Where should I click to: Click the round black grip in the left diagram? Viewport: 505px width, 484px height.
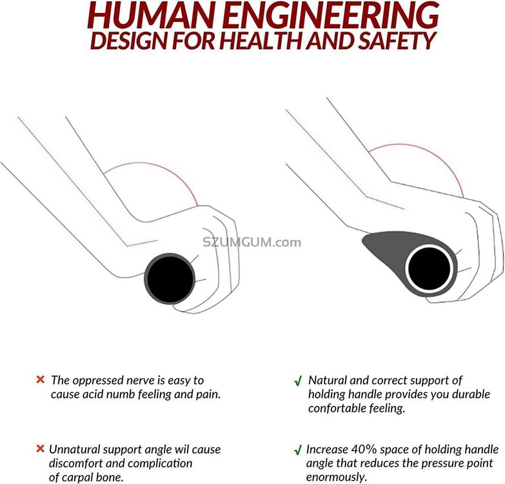coord(170,278)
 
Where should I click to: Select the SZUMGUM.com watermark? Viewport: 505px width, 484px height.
coord(252,243)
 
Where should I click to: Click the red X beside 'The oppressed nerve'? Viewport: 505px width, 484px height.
coord(40,379)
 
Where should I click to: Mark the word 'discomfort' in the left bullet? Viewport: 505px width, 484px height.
coord(79,463)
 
